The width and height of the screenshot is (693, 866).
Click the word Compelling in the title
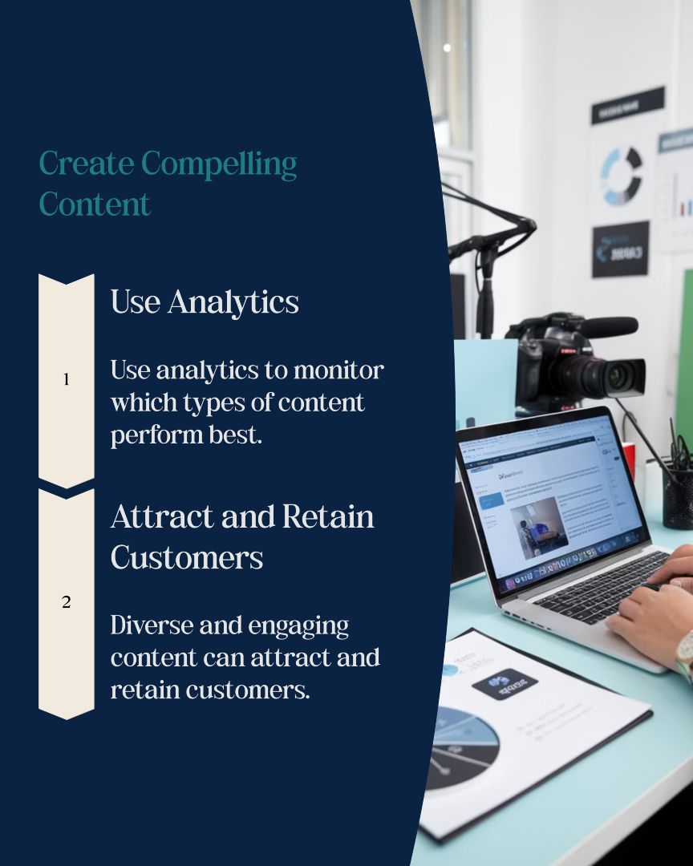pos(219,165)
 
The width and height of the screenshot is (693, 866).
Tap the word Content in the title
pos(95,204)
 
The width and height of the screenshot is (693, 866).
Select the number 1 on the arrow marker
pos(66,380)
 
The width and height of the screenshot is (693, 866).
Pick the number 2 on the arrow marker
pos(66,602)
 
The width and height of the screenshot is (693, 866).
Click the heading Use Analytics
pos(205,302)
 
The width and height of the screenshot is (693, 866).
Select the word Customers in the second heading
pos(187,556)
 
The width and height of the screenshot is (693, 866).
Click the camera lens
pos(618,376)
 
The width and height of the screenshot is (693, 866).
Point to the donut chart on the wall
pos(622,174)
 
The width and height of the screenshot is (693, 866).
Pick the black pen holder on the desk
pos(678,496)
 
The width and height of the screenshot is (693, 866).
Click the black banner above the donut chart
pos(627,105)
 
